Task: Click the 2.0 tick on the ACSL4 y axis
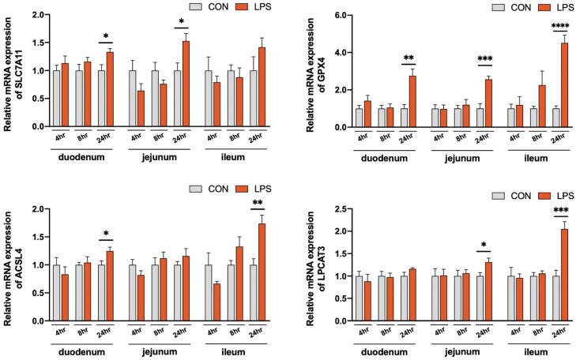(34, 209)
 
